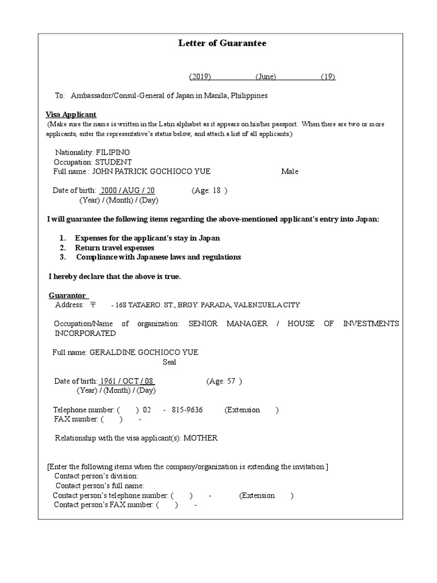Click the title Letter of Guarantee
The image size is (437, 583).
tap(222, 43)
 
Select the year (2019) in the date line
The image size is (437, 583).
tap(200, 77)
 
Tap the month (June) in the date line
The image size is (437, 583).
tap(266, 77)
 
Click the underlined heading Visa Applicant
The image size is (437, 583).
tap(71, 114)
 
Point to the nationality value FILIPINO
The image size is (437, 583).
tap(113, 153)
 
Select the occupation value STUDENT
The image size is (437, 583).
tap(113, 162)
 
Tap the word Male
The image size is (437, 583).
tap(290, 171)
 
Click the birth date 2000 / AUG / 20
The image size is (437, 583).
tap(127, 191)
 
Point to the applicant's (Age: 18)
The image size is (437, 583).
tap(209, 191)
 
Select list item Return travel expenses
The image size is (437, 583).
tap(114, 248)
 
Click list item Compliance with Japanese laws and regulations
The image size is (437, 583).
tap(158, 257)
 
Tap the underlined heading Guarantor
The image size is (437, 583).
tap(68, 295)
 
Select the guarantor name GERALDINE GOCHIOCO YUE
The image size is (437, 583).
tap(144, 352)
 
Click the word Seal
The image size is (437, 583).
tap(169, 362)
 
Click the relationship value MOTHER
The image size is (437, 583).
tap(200, 438)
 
